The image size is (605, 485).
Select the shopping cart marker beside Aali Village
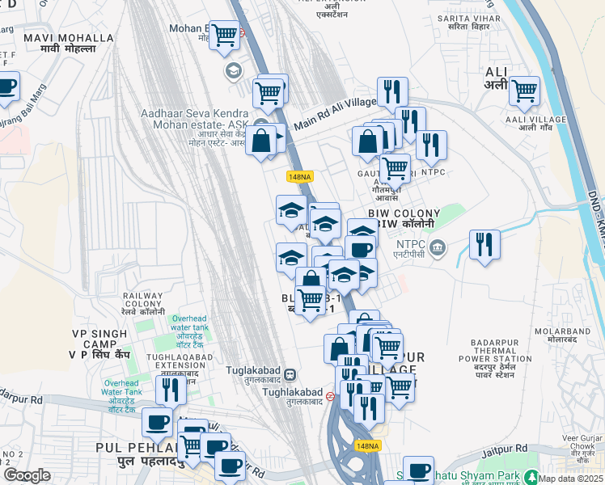tap(524, 91)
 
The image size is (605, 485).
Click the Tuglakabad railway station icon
tap(290, 374)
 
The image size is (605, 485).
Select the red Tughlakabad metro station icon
tap(330, 396)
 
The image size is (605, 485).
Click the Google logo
tap(27, 475)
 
